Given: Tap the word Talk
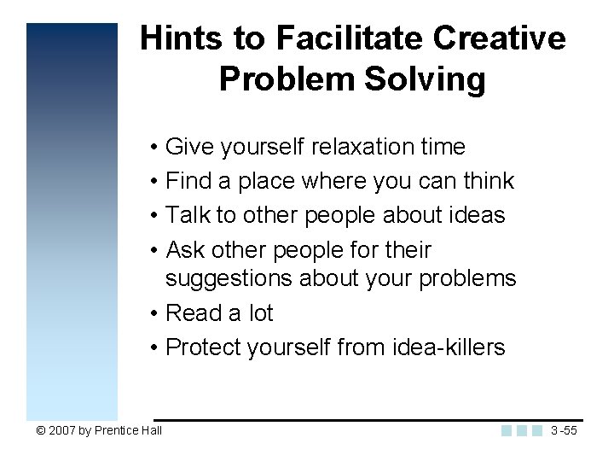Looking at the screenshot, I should (x=183, y=215).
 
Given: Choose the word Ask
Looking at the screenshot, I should (x=184, y=250).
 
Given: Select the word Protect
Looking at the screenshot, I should (x=202, y=347).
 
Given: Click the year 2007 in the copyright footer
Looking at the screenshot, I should (x=61, y=430).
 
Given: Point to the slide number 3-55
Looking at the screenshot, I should (x=565, y=430).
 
